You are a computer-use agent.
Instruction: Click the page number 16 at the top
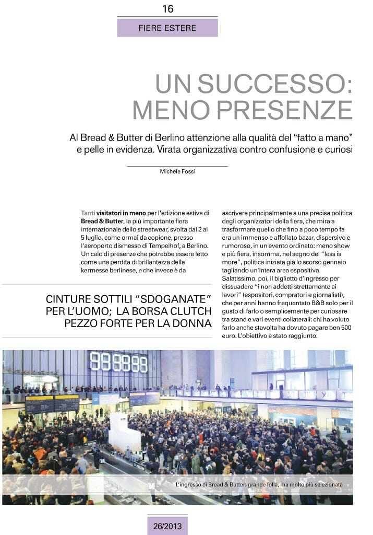pos(168,9)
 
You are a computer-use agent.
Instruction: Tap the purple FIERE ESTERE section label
pos(167,28)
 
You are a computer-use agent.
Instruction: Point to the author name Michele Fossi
pos(177,171)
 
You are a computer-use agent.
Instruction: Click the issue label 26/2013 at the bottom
pos(167,526)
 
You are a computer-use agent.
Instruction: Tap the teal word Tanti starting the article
pos(88,213)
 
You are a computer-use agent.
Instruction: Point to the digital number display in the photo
pos(118,362)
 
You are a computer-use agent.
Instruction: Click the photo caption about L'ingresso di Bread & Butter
pos(259,485)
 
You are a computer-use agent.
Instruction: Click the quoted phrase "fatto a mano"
pos(323,138)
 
